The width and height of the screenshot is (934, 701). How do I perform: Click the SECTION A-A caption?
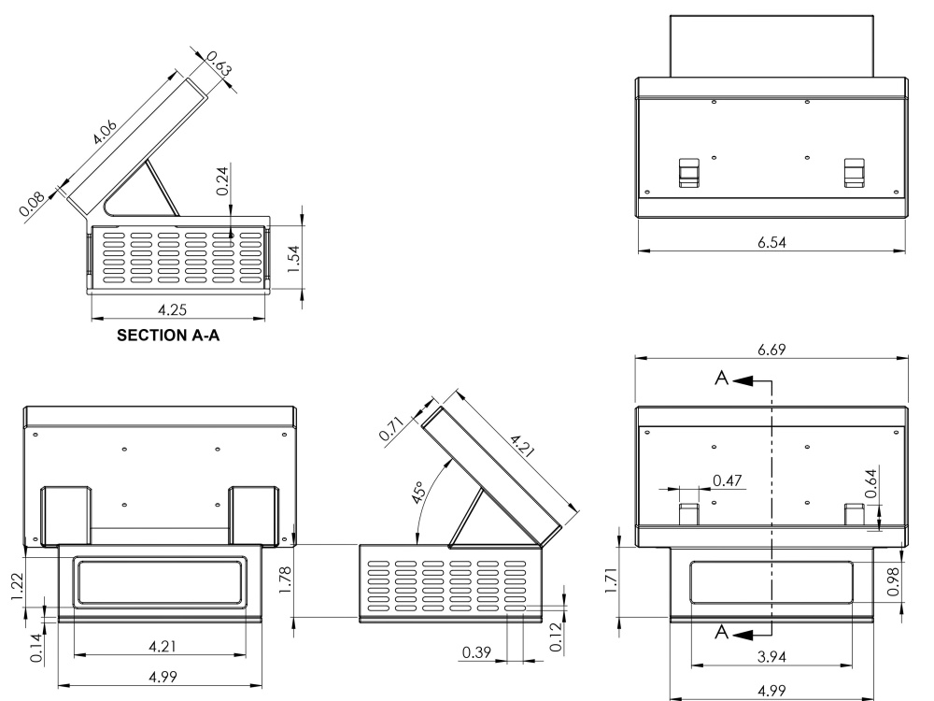pyautogui.click(x=168, y=336)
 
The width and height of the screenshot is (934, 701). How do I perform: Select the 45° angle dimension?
pyautogui.click(x=418, y=493)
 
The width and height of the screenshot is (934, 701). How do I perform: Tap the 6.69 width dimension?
pyautogui.click(x=771, y=350)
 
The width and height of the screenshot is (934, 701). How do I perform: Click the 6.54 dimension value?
pyautogui.click(x=771, y=243)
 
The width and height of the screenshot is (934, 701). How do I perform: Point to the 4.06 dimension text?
pyautogui.click(x=105, y=133)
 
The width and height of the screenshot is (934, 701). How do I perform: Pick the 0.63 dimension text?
pyautogui.click(x=219, y=64)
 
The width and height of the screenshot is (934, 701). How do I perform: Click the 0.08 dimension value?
pyautogui.click(x=32, y=203)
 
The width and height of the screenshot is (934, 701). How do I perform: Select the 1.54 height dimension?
pyautogui.click(x=292, y=259)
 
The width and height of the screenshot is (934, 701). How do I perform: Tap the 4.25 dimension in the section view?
pyautogui.click(x=172, y=310)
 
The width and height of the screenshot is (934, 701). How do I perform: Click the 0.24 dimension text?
pyautogui.click(x=222, y=180)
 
